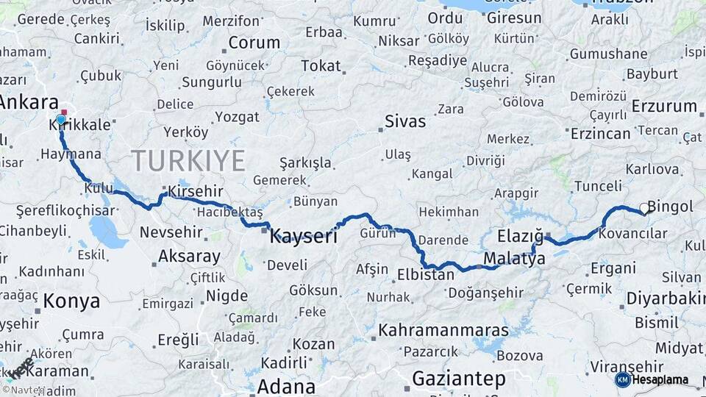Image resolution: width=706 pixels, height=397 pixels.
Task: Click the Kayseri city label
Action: [x=304, y=237]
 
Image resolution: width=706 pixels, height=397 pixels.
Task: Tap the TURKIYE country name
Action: [x=188, y=160]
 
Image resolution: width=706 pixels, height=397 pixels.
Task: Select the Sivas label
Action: [x=405, y=121]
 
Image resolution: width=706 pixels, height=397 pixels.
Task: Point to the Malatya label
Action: [x=515, y=258]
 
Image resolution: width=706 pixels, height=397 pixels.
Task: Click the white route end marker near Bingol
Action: [x=644, y=209]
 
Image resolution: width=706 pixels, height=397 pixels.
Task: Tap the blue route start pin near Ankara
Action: [x=61, y=120]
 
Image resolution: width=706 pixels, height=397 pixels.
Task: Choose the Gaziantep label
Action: [x=459, y=379]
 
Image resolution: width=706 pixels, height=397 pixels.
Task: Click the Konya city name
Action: [x=71, y=301]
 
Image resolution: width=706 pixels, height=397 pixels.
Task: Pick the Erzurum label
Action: [x=664, y=106]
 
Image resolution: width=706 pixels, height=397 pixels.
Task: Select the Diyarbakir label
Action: [x=665, y=298]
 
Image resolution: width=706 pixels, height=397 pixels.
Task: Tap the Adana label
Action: [x=287, y=386]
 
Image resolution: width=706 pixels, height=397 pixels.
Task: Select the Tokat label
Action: [x=321, y=66]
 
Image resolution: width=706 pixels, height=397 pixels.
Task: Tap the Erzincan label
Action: [x=601, y=133]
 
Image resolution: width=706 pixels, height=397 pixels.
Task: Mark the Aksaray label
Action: [x=189, y=257]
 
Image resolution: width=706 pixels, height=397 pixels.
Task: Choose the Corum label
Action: [x=254, y=43]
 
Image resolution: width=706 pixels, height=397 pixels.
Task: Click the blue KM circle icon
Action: [x=622, y=380]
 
